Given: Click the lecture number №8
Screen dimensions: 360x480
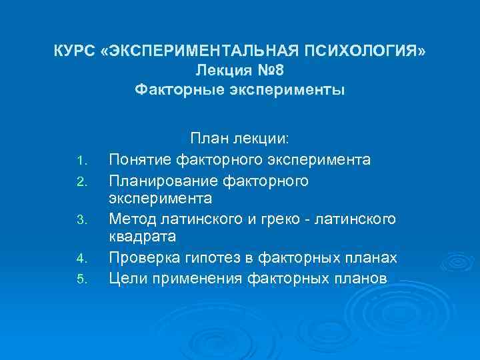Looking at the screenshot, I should tap(273, 70).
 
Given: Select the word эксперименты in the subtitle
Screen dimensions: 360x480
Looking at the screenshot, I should tap(286, 89).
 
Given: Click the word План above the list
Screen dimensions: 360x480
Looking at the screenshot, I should tap(209, 139).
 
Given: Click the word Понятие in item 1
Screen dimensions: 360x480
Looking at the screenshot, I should tap(141, 161).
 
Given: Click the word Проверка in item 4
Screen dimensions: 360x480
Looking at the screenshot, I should tap(143, 258).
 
